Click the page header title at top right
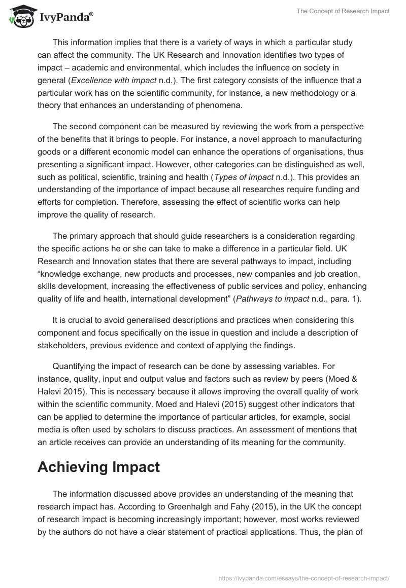click(344, 11)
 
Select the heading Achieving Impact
click(98, 467)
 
